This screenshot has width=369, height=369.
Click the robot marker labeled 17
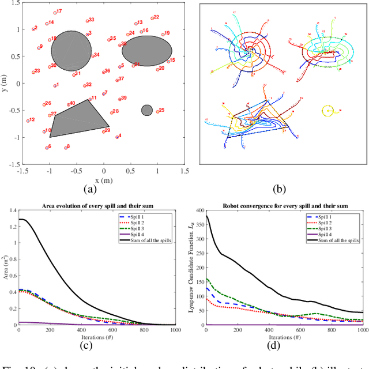pos(55,13)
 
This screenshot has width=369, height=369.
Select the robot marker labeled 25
pos(156,111)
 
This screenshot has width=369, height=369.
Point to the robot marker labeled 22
pos(151,18)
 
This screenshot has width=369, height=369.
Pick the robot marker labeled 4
pos(114,137)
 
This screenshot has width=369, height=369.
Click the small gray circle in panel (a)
pos(146,110)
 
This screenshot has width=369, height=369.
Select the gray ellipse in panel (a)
pos(146,50)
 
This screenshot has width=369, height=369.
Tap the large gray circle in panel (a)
pos(71,51)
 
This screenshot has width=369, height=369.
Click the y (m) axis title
pos(5,84)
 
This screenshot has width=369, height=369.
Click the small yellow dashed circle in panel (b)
pos(327,109)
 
